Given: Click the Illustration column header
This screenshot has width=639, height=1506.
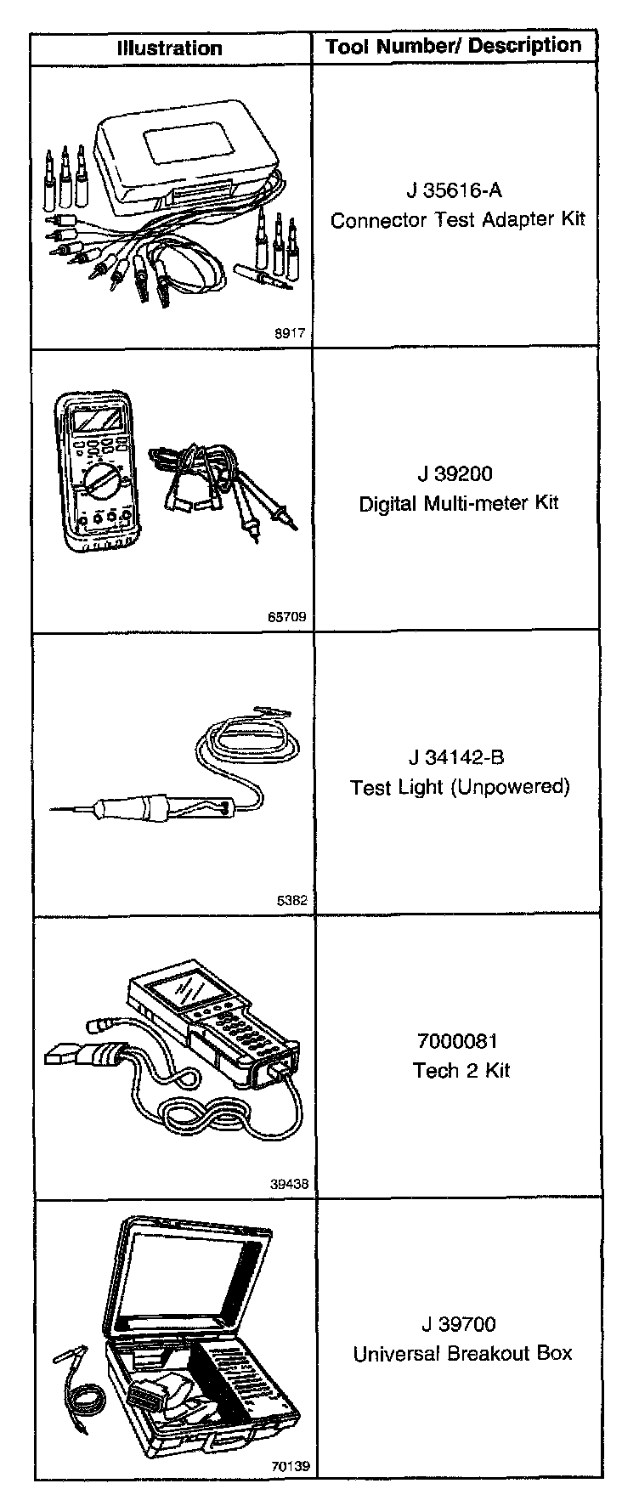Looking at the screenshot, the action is tap(170, 48).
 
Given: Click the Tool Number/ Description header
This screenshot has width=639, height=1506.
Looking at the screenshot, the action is tap(454, 46).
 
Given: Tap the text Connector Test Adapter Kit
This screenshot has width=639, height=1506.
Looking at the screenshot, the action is tap(458, 220).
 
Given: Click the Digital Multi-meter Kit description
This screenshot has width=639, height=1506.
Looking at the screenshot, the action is tap(459, 503).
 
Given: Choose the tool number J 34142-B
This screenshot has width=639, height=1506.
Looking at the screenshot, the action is tap(460, 757).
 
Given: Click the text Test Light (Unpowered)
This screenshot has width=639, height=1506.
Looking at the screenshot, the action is tap(460, 787).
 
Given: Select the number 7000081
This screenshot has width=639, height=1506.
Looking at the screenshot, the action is tap(458, 1041).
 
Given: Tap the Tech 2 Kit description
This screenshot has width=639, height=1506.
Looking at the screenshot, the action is tap(461, 1070).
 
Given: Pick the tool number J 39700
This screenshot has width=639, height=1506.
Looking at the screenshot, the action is tap(459, 1324).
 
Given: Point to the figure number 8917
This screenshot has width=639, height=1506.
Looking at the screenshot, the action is tap(289, 335).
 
